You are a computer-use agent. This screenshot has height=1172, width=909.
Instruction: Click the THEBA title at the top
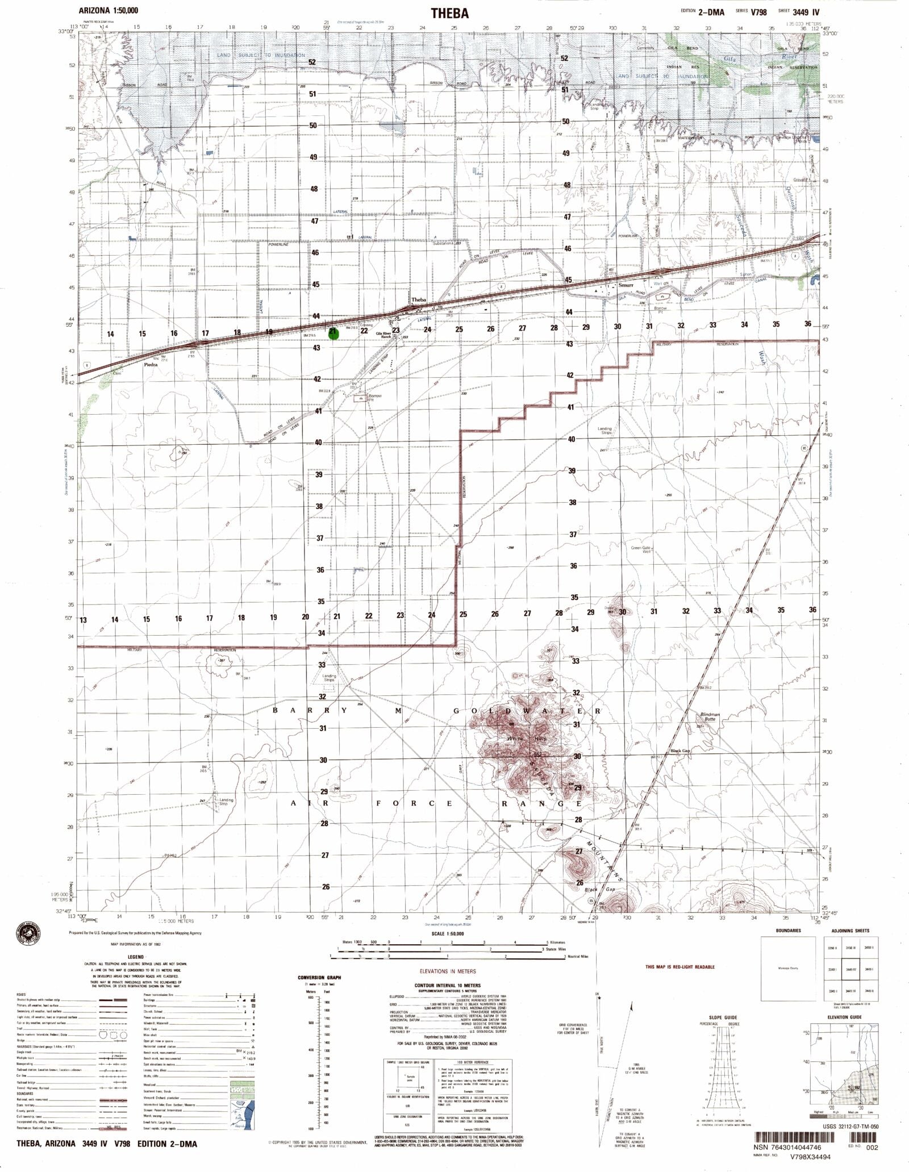pyautogui.click(x=449, y=13)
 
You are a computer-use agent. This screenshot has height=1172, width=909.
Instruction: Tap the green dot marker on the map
pyautogui.click(x=333, y=333)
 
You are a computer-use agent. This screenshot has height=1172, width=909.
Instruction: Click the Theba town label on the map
pyautogui.click(x=419, y=299)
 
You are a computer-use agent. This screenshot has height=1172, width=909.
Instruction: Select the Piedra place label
pyautogui.click(x=150, y=366)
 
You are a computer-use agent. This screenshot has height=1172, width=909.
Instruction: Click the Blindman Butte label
pyautogui.click(x=710, y=717)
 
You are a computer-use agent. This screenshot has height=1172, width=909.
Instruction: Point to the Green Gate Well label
pyautogui.click(x=641, y=549)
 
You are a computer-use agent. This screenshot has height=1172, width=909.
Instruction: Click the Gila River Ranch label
pyautogui.click(x=386, y=335)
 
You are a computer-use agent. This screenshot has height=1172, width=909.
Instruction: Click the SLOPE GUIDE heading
pyautogui.click(x=723, y=1016)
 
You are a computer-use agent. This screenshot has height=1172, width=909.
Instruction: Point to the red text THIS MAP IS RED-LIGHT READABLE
pyautogui.click(x=680, y=966)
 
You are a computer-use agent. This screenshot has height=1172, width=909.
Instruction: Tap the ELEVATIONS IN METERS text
pyautogui.click(x=448, y=971)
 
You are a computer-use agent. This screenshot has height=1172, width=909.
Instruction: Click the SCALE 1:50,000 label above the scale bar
pyautogui.click(x=448, y=933)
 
